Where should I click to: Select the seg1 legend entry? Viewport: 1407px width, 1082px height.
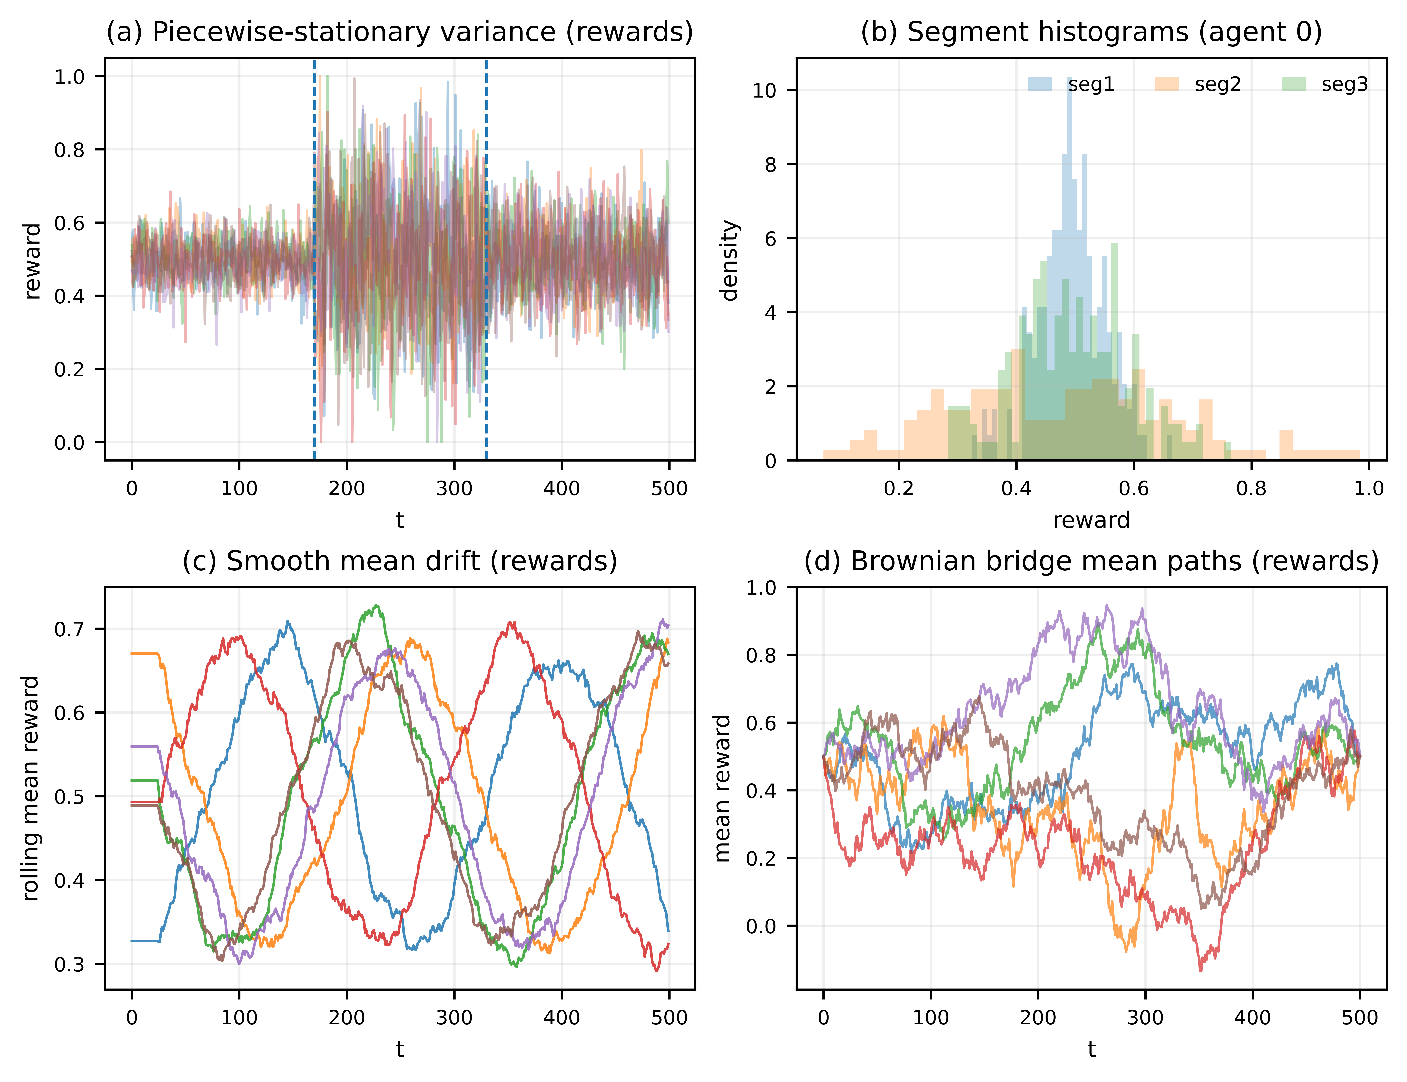pos(1071,84)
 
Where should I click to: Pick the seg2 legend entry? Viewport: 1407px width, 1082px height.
pos(1198,84)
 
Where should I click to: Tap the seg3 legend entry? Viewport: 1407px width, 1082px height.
pos(1325,84)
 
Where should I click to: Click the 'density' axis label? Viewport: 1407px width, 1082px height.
pos(729,260)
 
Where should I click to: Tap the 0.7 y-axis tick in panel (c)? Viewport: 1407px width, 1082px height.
pos(70,629)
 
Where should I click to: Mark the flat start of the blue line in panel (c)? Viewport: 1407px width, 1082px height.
pos(145,941)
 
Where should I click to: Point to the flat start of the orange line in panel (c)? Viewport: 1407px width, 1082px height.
pos(145,654)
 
